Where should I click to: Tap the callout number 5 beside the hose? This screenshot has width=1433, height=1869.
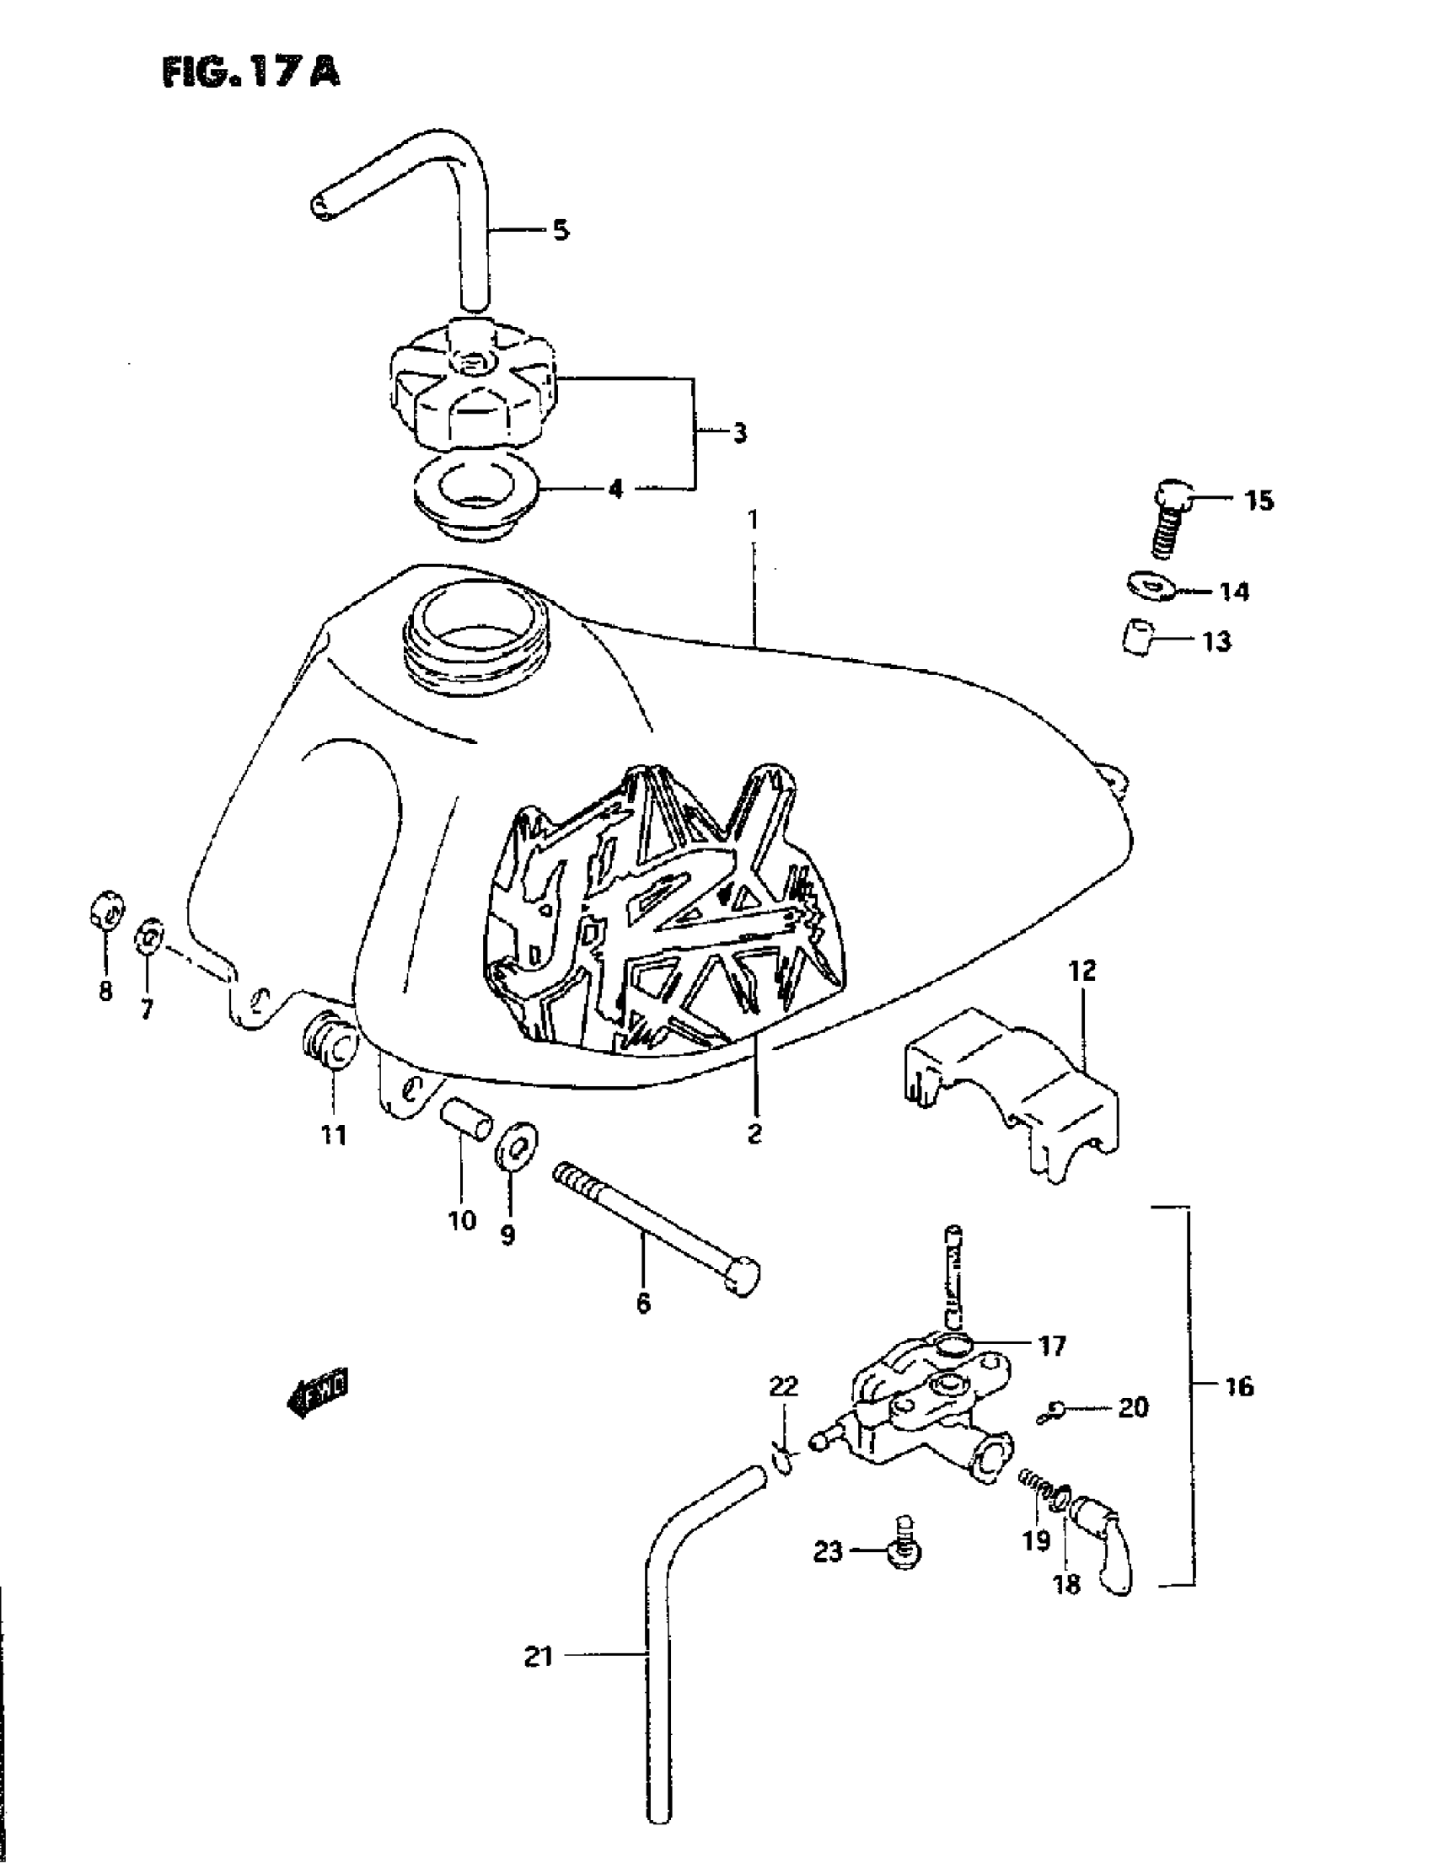click(x=561, y=230)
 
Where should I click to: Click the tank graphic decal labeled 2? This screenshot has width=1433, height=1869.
click(x=661, y=913)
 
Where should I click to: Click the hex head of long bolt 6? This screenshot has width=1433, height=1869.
click(x=741, y=1277)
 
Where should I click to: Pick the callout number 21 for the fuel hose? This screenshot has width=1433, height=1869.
click(x=539, y=1657)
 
